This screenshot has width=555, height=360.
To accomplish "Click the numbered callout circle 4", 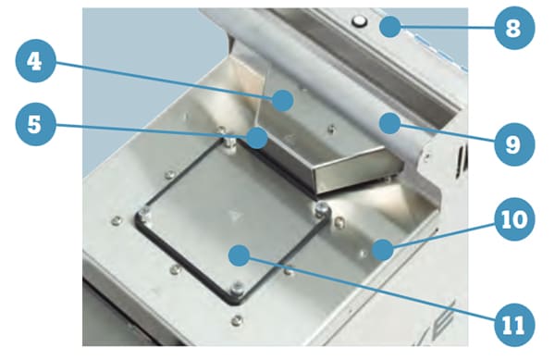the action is [x=35, y=62].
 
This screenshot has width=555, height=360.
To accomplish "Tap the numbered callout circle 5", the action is [x=35, y=125].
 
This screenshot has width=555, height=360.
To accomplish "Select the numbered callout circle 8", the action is [x=514, y=28].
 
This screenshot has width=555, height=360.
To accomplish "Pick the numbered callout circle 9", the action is [x=514, y=143].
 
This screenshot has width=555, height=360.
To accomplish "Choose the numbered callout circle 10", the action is [x=514, y=219].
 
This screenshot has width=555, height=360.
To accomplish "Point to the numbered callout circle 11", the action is [x=514, y=325].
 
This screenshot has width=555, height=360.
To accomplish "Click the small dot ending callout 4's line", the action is [x=283, y=101].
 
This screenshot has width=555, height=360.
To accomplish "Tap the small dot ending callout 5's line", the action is [x=257, y=138].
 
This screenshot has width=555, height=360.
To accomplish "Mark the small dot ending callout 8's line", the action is [x=390, y=26].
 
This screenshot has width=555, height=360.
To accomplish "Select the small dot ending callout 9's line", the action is [x=389, y=123].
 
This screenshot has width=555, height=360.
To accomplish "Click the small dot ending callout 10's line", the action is [x=382, y=250].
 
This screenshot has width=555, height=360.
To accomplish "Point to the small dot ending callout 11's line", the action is [x=240, y=255].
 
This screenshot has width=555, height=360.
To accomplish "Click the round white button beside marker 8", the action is [x=360, y=21].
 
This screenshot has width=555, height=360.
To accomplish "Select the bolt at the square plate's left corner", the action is [x=144, y=214].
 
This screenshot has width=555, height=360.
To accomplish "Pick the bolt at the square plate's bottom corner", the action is [x=237, y=288].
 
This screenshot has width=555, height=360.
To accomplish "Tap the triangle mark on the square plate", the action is [x=234, y=216].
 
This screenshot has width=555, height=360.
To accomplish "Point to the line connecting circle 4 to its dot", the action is [x=163, y=81].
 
